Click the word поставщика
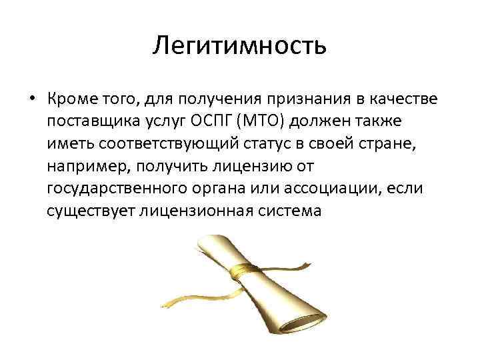pyautogui.click(x=95, y=122)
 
